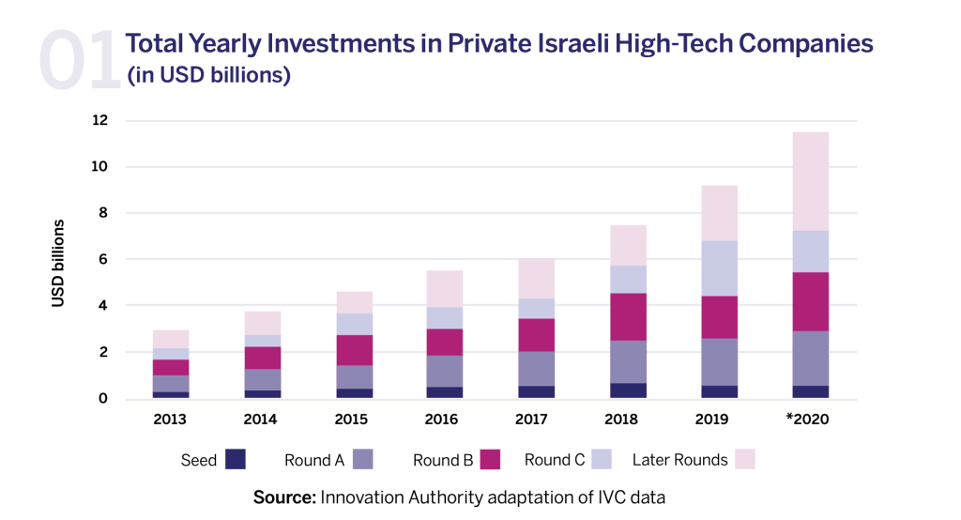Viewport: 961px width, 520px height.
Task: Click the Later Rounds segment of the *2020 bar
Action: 809,181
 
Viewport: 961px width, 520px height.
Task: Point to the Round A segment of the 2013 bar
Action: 171,383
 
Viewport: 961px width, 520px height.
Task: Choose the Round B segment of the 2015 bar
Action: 355,349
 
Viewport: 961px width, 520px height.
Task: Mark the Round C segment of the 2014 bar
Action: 263,341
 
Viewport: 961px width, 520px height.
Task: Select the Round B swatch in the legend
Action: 489,459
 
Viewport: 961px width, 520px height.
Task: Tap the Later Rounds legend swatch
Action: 744,459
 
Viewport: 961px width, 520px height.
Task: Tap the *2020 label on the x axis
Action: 807,420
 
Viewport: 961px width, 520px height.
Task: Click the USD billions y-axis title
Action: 58,263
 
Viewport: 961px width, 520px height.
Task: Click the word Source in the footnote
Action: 284,497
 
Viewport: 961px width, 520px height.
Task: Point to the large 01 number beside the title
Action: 79,60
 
